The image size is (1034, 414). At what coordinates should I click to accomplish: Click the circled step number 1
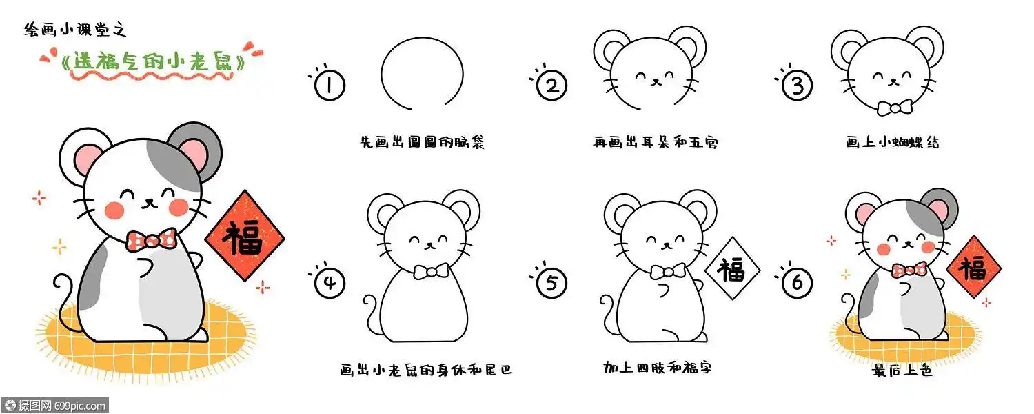click(330, 86)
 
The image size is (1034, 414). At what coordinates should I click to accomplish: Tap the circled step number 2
click(551, 86)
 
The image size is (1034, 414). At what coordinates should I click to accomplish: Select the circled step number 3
click(798, 86)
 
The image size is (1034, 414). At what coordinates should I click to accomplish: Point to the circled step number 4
click(330, 283)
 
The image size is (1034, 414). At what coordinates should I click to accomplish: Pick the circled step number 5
click(551, 283)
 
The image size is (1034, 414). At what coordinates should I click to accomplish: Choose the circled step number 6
click(798, 283)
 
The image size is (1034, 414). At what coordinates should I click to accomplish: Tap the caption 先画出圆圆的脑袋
click(422, 143)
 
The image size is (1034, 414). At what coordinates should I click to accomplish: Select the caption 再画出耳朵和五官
click(656, 143)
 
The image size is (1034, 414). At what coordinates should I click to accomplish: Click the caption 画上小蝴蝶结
click(893, 143)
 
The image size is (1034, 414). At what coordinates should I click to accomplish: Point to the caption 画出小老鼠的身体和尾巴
click(427, 370)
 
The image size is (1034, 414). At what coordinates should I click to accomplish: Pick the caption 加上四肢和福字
click(657, 368)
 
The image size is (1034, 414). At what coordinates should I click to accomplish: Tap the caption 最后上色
click(902, 371)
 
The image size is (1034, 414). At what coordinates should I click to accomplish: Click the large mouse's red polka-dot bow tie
click(152, 240)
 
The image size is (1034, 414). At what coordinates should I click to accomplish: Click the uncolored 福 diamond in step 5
click(731, 270)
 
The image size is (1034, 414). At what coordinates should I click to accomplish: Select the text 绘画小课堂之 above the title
click(76, 30)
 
